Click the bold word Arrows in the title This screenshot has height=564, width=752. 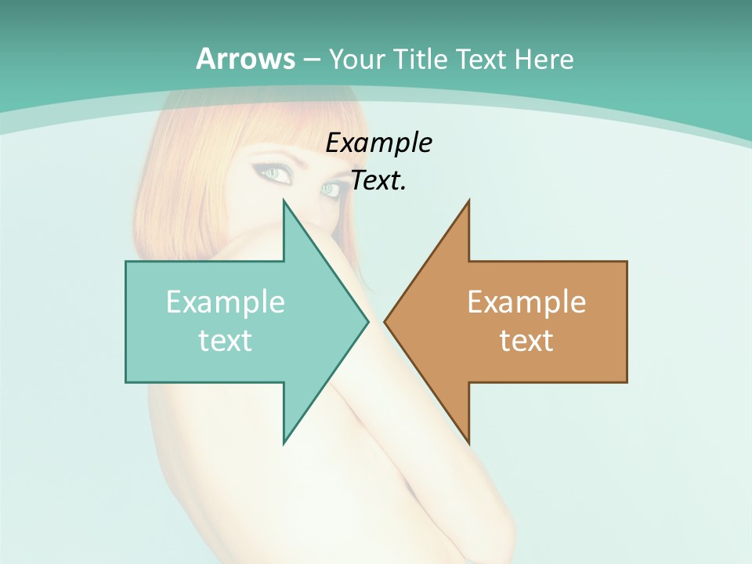coord(245,59)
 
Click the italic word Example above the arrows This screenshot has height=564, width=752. coord(378,143)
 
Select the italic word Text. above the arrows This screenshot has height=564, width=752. coord(378,181)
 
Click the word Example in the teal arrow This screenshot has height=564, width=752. coord(226,302)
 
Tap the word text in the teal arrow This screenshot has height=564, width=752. coord(226,340)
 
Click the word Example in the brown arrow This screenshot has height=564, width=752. coord(526,302)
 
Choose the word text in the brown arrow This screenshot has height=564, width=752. coord(526,340)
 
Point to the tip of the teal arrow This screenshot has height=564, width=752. coord(368,322)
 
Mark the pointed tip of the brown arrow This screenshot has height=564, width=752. coord(385,322)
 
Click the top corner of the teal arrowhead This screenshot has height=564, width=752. coord(284,201)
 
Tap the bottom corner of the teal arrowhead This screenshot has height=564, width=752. coord(284,443)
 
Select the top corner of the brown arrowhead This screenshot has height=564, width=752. coord(468,201)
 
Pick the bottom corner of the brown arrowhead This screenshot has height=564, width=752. coord(468,443)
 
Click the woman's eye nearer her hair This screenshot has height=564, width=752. coord(274,172)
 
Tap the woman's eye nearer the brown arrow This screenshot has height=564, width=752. coord(330,189)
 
